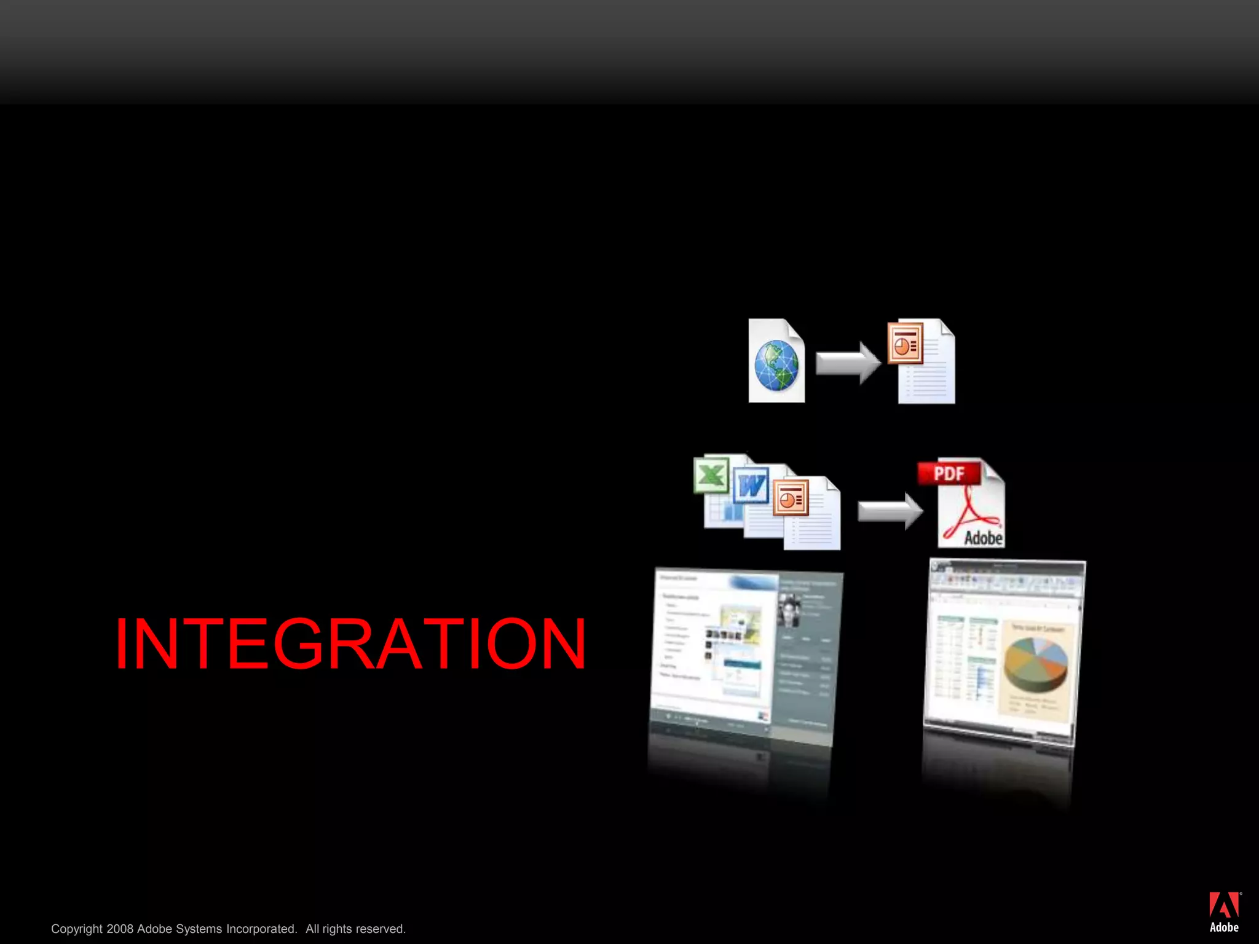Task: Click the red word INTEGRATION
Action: click(x=350, y=643)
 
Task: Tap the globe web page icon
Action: click(x=776, y=366)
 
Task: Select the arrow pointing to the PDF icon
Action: click(x=890, y=510)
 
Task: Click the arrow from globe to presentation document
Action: click(x=848, y=363)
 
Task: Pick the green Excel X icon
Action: click(x=711, y=475)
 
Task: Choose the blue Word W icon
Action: click(x=751, y=486)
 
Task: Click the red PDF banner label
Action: click(x=949, y=473)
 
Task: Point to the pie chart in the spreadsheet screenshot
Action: click(x=1036, y=664)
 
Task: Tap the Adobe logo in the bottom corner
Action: click(x=1224, y=912)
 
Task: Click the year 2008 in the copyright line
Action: click(x=120, y=929)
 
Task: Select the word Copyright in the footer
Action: click(x=77, y=929)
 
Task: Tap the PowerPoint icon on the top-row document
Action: click(x=906, y=343)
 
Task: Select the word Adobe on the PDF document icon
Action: click(x=983, y=538)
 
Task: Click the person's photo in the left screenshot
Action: click(x=789, y=610)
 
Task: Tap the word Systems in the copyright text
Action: click(x=197, y=929)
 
